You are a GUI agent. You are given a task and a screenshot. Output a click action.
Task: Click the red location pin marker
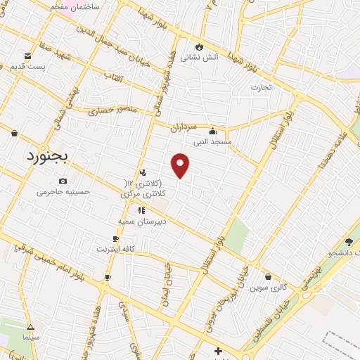click(181, 165)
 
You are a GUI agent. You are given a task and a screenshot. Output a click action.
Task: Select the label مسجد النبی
click(212, 141)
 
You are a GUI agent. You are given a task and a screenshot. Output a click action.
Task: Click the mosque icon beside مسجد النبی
click(212, 131)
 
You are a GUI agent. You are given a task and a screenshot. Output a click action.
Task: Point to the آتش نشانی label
click(198, 58)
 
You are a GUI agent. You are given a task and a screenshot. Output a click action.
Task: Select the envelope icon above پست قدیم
click(27, 56)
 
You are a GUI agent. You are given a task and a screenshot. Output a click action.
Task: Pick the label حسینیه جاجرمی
click(62, 191)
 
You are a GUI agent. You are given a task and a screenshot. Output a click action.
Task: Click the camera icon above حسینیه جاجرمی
click(63, 181)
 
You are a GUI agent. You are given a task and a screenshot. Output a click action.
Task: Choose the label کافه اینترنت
click(115, 249)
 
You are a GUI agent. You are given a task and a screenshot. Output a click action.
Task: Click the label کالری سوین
click(270, 287)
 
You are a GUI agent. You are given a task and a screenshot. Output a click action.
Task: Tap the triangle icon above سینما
click(30, 327)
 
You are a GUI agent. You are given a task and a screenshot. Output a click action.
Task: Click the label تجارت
click(262, 88)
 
